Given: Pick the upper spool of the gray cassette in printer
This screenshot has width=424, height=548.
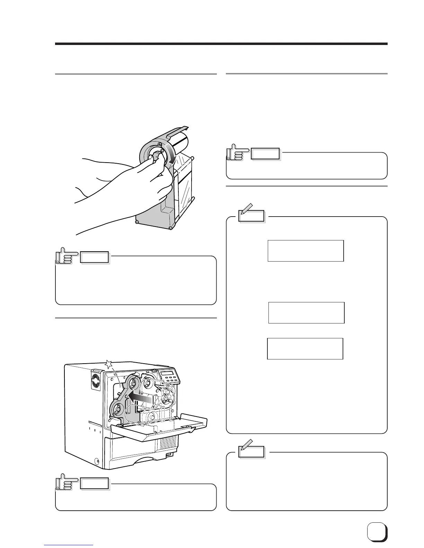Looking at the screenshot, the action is coord(132,382).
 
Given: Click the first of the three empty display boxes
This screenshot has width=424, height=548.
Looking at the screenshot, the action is coord(306,250).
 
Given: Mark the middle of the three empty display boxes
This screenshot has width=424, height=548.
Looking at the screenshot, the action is coord(306,312).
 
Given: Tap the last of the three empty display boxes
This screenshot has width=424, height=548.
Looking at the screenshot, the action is coord(305,349).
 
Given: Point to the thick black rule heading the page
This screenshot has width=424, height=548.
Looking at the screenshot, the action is coord(221,44).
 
